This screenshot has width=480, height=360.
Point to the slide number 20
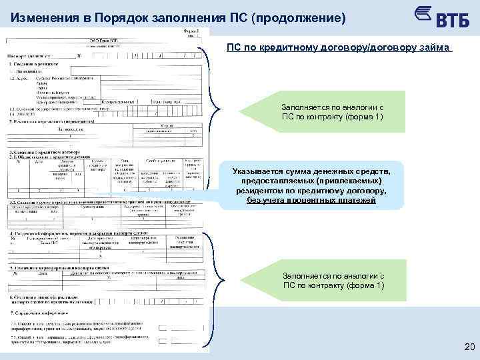coord(467,346)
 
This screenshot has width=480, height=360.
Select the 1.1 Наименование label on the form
coord(29,69)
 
